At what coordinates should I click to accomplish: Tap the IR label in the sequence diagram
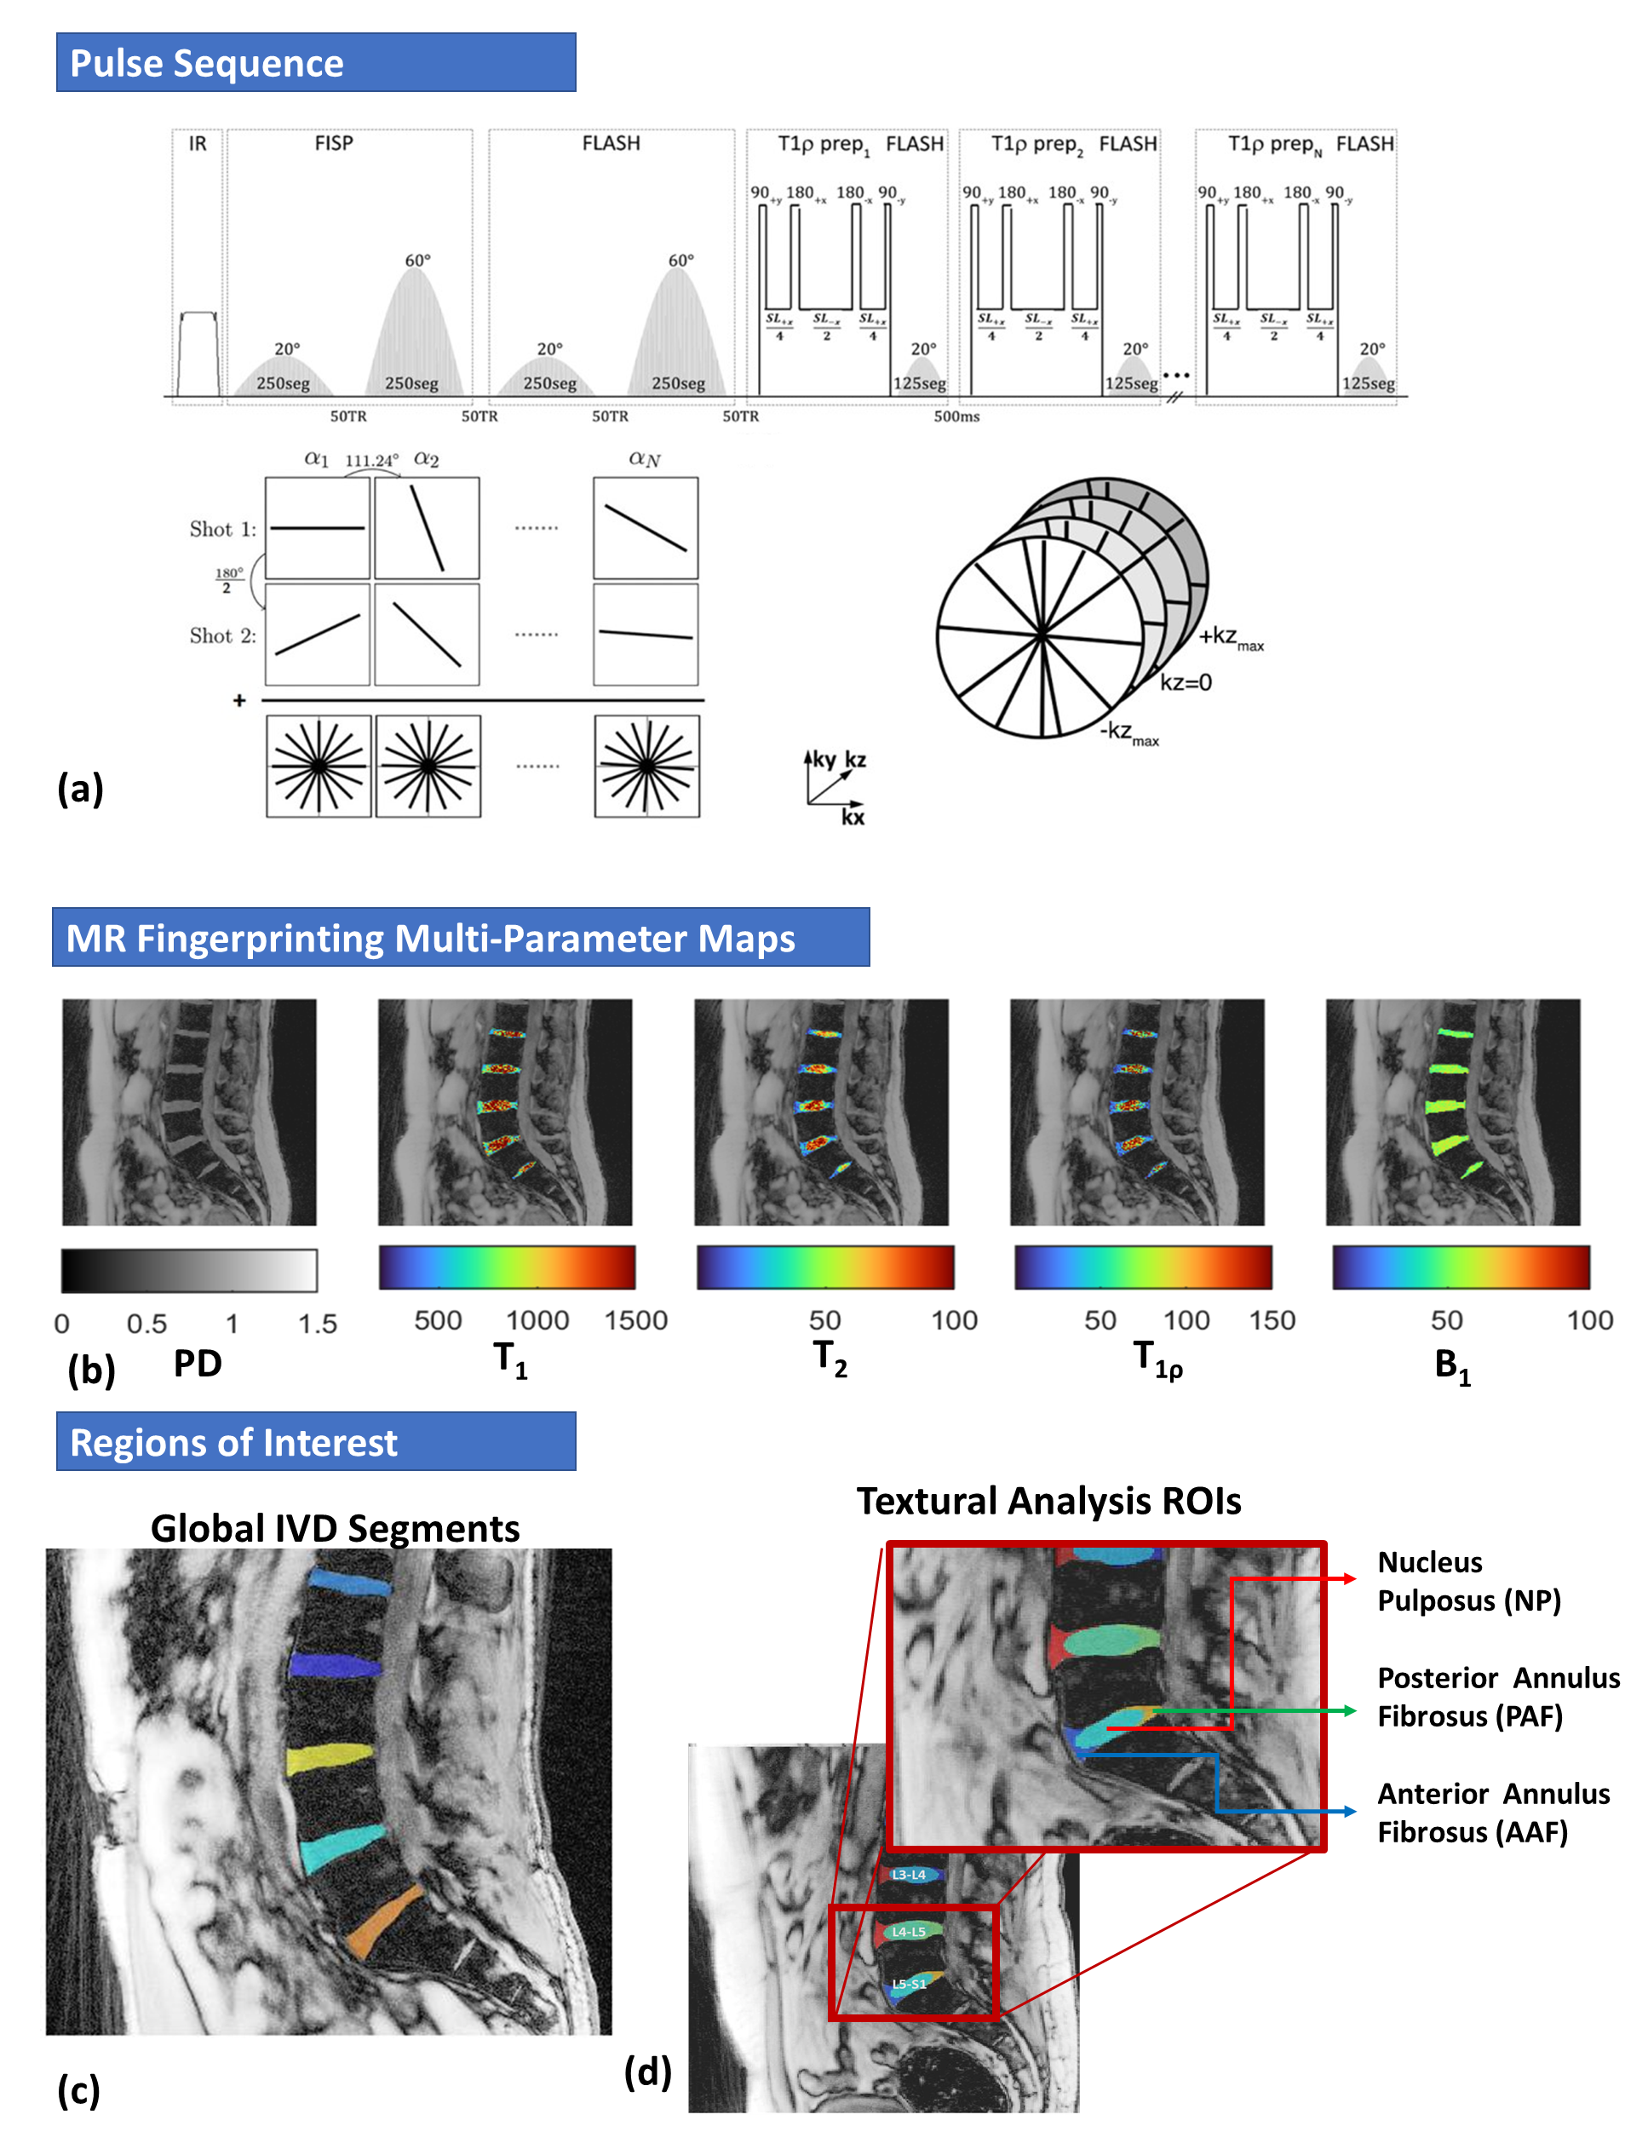coord(198,144)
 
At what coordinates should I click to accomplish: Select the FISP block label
coord(334,143)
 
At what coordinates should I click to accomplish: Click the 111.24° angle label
coord(372,460)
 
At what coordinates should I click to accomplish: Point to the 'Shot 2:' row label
coord(222,635)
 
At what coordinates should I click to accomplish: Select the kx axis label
coord(853,817)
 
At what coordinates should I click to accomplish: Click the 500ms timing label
coord(956,417)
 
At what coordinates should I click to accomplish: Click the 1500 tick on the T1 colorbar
coord(635,1320)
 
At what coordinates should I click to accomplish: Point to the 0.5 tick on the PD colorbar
coord(147,1324)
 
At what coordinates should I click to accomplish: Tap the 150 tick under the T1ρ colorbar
coord(1272,1320)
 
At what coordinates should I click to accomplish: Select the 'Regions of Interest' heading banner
coord(315,1442)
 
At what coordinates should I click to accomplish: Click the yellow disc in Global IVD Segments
coord(330,1758)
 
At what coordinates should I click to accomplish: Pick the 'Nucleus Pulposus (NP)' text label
coord(1468,1580)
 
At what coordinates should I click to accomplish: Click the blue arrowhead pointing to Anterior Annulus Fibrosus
coord(1351,1812)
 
